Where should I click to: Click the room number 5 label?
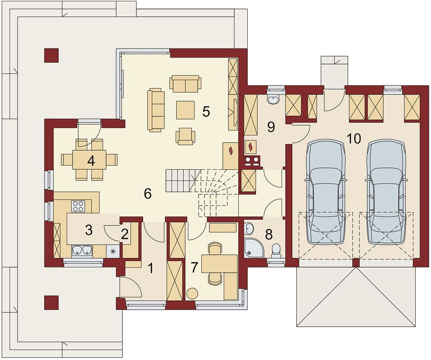(206, 112)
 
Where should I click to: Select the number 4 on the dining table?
(91, 161)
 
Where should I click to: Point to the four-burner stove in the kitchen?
(78, 206)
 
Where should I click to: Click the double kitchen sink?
(82, 251)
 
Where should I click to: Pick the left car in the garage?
(326, 191)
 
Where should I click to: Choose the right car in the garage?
(386, 191)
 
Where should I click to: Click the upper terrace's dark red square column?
(51, 55)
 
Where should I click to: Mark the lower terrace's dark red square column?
(51, 302)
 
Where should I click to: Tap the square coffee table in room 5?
(185, 110)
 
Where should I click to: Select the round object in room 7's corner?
(192, 293)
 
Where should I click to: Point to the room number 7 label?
(194, 267)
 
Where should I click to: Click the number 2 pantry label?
(124, 234)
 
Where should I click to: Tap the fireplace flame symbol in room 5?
(231, 150)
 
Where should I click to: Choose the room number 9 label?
(271, 127)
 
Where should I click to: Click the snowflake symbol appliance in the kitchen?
(112, 251)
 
